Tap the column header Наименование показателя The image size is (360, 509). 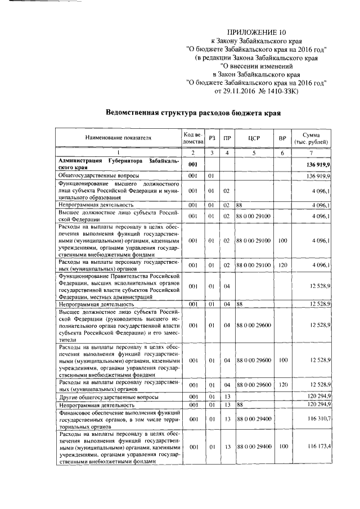[119, 138]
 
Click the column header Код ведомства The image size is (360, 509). [192, 138]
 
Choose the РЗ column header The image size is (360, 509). [212, 138]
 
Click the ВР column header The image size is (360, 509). [282, 138]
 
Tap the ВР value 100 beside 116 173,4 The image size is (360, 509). [282, 446]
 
